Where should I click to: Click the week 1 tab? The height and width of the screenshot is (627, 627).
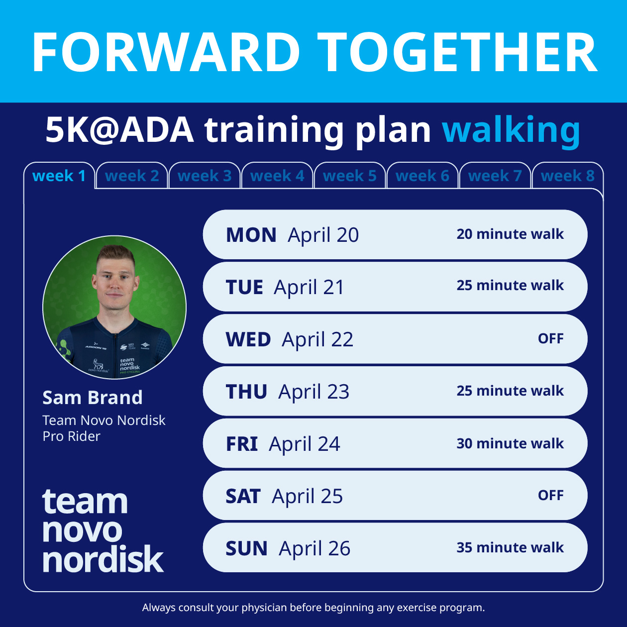(x=59, y=176)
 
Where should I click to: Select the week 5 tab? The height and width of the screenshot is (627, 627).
(x=349, y=176)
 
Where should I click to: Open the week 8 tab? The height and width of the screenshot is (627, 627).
(x=567, y=176)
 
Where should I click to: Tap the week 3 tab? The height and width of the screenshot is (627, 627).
(x=205, y=176)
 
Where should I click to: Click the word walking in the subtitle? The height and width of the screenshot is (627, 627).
(x=511, y=130)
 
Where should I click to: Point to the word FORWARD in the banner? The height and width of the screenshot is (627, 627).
(x=166, y=53)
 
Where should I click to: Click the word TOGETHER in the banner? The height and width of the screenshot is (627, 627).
(x=457, y=53)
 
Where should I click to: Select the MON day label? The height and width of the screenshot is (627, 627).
(x=251, y=235)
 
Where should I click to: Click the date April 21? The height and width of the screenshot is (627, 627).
(x=309, y=287)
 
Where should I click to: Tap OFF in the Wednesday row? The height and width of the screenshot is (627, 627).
(x=550, y=339)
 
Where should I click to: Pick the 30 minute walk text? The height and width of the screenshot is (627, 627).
(x=510, y=443)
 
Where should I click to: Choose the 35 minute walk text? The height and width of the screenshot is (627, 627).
(x=510, y=547)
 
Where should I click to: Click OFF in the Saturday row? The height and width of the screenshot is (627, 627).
(x=550, y=496)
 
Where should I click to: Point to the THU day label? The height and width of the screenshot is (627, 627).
(x=246, y=392)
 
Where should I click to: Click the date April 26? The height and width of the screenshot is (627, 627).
(x=314, y=548)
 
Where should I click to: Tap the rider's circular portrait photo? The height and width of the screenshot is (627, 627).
(x=114, y=308)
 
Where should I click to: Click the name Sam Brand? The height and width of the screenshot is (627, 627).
(x=93, y=398)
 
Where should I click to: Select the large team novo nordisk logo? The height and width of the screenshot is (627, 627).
(x=103, y=530)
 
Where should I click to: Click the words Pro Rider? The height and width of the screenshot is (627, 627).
(x=71, y=436)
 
